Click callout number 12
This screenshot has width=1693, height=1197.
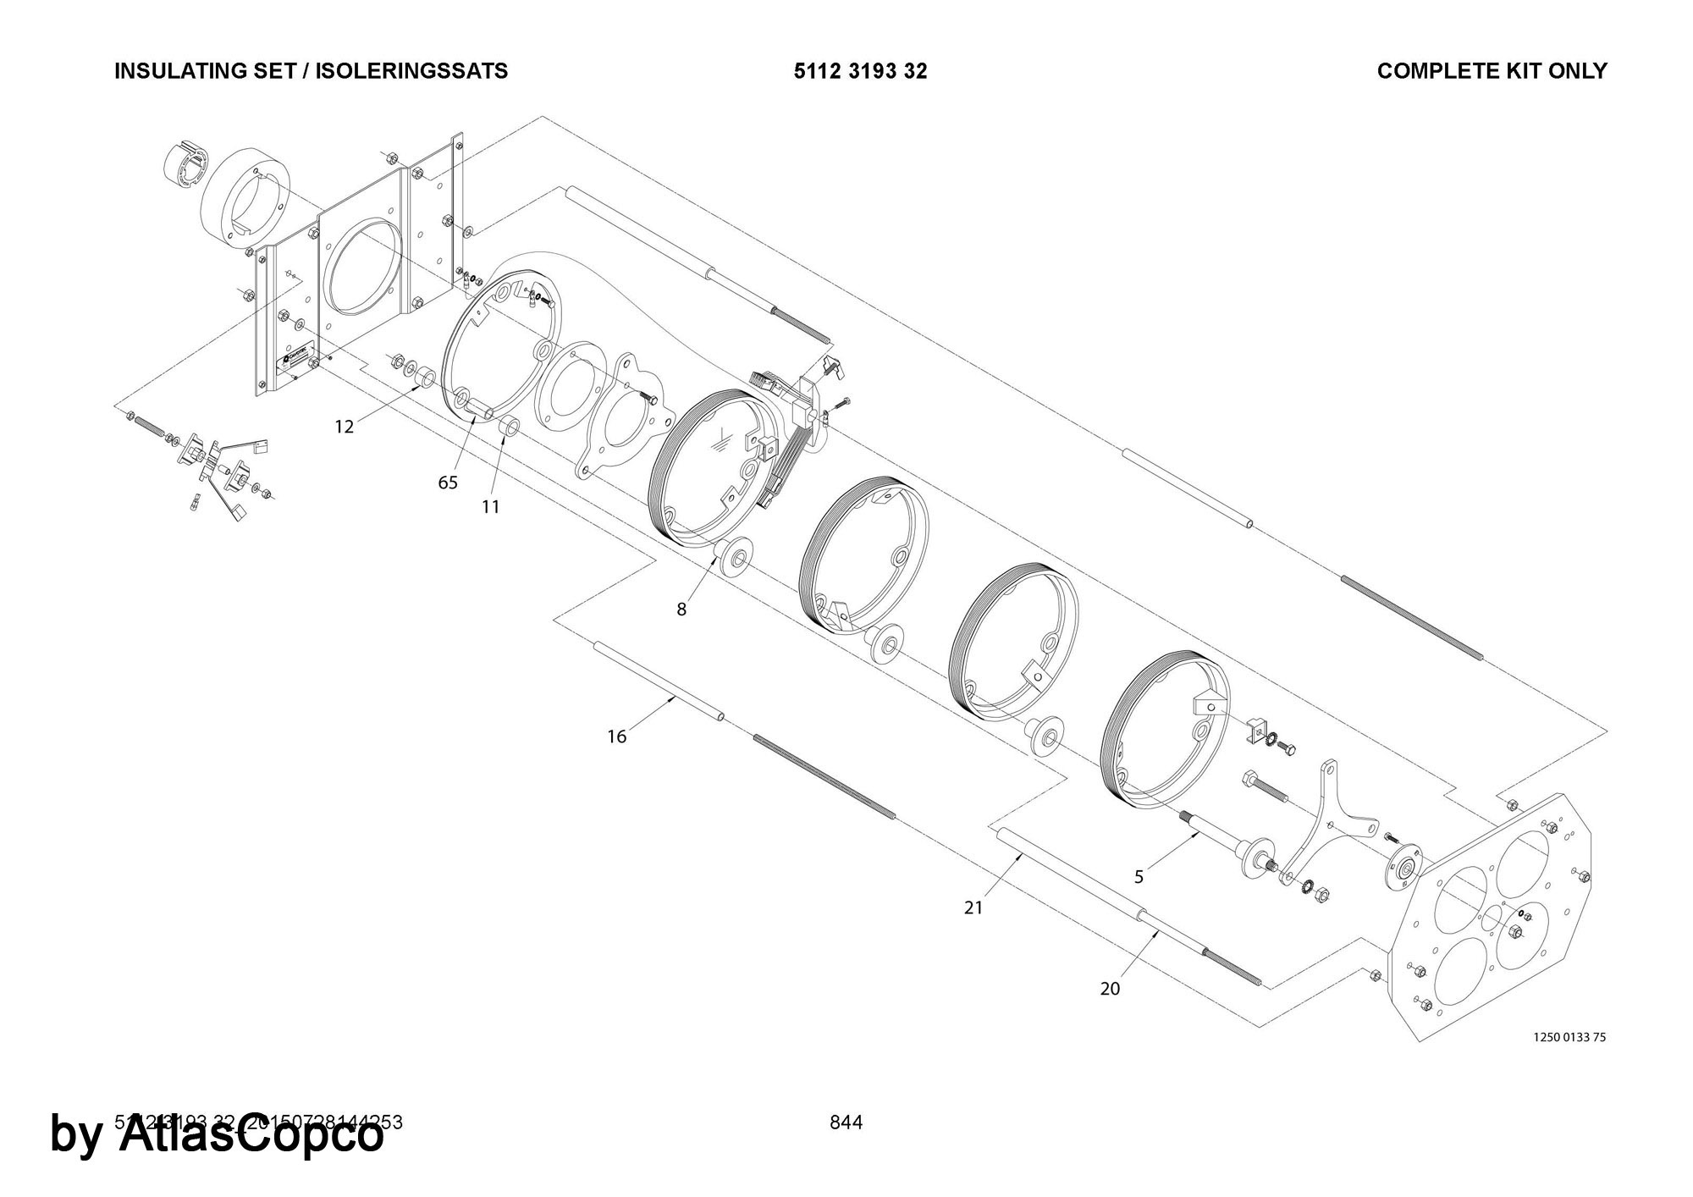coord(344,427)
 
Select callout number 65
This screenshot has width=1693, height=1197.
coord(448,483)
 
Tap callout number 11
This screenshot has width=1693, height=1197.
coord(491,507)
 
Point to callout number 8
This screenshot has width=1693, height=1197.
coord(681,609)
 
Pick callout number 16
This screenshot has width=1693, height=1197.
coord(617,737)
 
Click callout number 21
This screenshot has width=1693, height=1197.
coord(973,907)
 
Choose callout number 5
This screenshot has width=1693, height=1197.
coord(1139,877)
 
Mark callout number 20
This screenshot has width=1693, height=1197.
coord(1110,989)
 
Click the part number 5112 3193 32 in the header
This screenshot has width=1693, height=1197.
coord(860,71)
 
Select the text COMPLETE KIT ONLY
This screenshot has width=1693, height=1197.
coord(1492,71)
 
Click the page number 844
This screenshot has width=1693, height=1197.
coord(846,1123)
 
